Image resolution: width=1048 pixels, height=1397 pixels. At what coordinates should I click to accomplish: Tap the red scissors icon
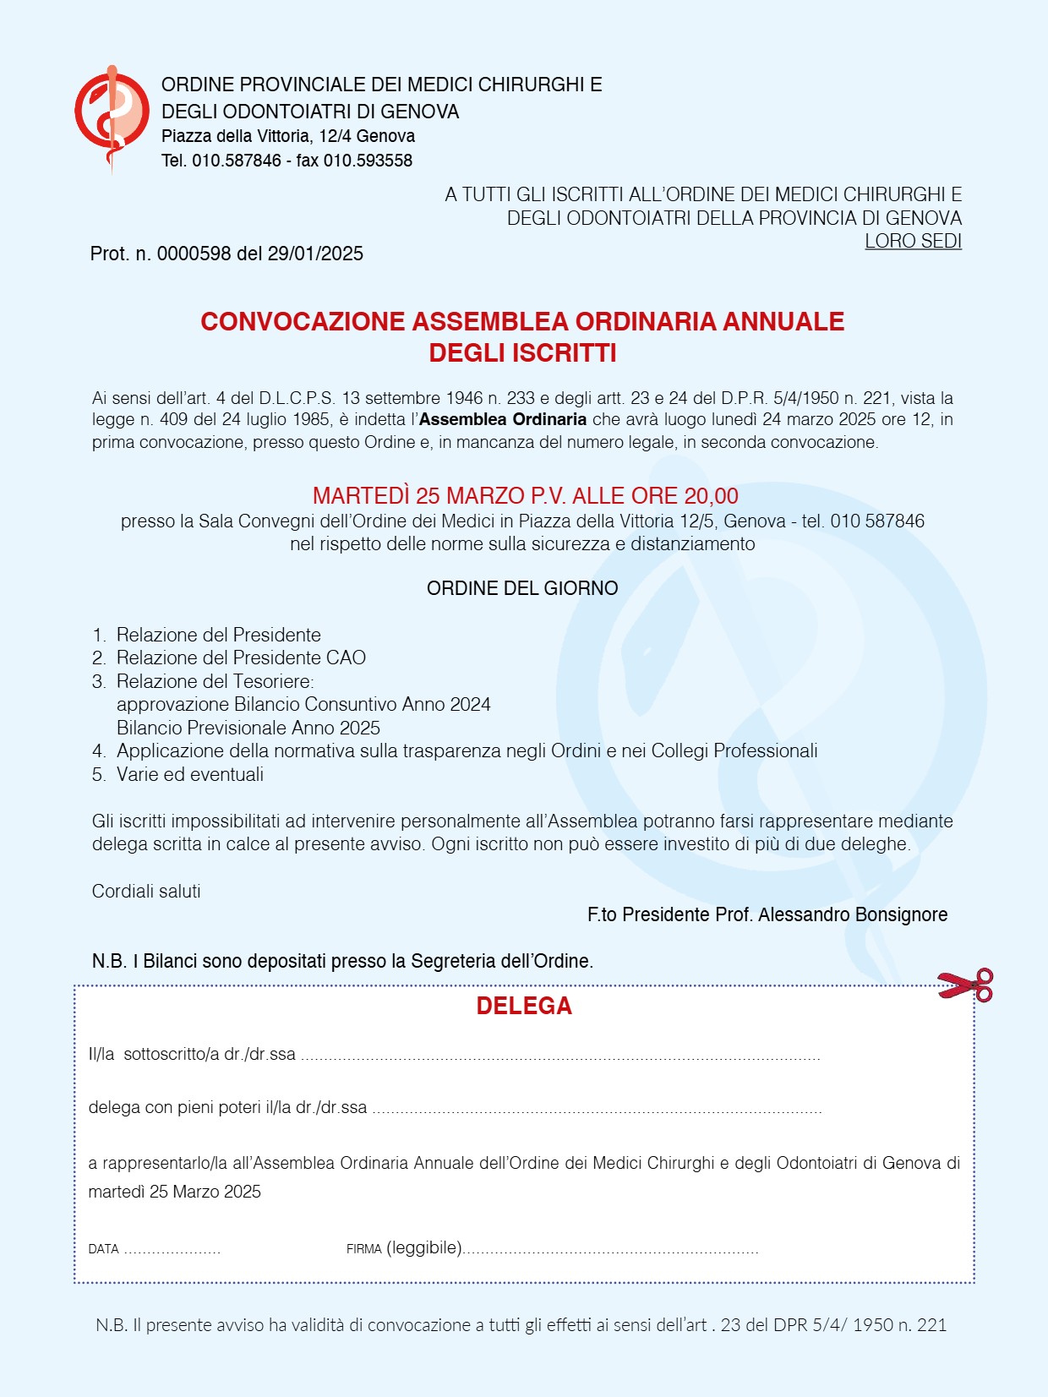pos(965,985)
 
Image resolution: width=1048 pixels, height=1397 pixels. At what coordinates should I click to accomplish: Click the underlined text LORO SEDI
pos(913,242)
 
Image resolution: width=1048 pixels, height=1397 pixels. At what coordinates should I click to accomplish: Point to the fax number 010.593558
pos(368,161)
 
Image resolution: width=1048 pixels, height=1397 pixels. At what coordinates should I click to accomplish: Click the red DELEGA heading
pos(524,1006)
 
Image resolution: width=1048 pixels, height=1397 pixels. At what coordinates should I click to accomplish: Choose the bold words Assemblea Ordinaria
pos(503,420)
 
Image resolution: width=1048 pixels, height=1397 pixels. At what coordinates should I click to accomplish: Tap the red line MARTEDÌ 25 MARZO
pos(525,496)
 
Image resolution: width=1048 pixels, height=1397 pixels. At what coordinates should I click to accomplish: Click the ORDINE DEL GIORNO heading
pos(522,588)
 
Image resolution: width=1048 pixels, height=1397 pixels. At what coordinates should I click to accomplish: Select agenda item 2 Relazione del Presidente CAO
pos(241,658)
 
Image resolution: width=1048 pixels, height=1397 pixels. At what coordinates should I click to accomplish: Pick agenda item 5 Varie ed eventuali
pos(190,774)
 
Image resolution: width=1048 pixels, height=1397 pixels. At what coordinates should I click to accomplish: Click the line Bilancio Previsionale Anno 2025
pos(248,728)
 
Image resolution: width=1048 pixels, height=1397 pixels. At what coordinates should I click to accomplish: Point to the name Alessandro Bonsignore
pos(852,914)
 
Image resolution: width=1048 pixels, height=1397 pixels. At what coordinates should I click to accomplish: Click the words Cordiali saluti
pos(146,892)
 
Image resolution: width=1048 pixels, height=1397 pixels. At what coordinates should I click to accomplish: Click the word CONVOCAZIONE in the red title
pos(303,322)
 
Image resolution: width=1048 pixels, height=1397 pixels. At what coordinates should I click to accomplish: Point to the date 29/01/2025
pos(315,254)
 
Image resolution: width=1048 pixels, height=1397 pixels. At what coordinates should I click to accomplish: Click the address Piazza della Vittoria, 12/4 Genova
pos(288,136)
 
